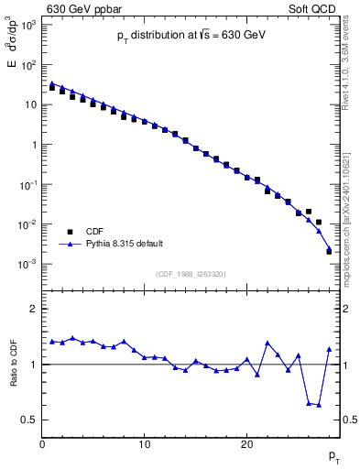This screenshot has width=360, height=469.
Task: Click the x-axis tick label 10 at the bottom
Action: click(x=145, y=445)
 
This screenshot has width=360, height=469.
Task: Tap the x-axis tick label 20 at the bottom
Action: click(x=246, y=445)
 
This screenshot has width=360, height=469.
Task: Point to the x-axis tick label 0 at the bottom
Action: click(x=43, y=445)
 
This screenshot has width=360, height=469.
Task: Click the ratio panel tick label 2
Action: click(x=34, y=309)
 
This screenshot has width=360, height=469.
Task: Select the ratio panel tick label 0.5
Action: click(x=29, y=420)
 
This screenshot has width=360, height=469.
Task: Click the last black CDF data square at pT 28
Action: click(x=329, y=250)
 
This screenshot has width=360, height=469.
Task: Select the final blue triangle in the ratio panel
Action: click(x=329, y=349)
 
